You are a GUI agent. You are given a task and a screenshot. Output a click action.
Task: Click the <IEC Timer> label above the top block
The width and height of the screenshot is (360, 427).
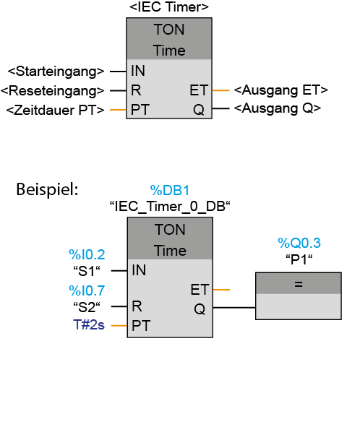pyautogui.click(x=169, y=7)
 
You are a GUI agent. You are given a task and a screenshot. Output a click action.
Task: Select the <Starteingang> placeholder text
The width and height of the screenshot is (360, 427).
pyautogui.click(x=56, y=72)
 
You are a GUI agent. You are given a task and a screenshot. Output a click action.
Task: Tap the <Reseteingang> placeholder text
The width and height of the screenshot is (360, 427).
pyautogui.click(x=52, y=91)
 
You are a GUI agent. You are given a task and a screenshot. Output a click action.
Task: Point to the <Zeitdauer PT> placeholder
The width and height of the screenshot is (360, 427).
pyautogui.click(x=56, y=110)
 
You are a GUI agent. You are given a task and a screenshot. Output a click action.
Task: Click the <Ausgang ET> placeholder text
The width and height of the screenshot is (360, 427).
pyautogui.click(x=281, y=90)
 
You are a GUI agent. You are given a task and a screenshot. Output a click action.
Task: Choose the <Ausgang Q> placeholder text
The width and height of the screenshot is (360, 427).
pyautogui.click(x=278, y=108)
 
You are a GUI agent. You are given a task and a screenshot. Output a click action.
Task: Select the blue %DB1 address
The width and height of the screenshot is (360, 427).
pyautogui.click(x=170, y=190)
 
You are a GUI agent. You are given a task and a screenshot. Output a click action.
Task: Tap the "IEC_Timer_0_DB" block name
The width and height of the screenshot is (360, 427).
pyautogui.click(x=170, y=206)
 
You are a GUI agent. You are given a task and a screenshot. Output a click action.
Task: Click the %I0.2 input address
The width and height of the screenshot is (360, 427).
pyautogui.click(x=87, y=254)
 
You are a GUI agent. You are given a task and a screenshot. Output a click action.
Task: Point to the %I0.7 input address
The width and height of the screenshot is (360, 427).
pyautogui.click(x=87, y=290)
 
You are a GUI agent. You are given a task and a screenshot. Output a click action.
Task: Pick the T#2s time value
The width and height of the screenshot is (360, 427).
pyautogui.click(x=89, y=325)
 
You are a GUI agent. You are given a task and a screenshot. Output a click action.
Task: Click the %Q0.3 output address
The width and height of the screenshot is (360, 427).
pyautogui.click(x=299, y=243)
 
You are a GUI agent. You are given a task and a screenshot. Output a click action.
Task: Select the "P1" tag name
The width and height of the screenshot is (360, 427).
pyautogui.click(x=299, y=259)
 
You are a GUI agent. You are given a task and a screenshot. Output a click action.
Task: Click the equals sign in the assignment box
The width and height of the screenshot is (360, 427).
pyautogui.click(x=299, y=284)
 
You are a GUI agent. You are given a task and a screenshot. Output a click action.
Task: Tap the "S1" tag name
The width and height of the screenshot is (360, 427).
pyautogui.click(x=87, y=271)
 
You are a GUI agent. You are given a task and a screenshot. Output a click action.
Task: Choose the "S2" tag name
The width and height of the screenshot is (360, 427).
pyautogui.click(x=87, y=307)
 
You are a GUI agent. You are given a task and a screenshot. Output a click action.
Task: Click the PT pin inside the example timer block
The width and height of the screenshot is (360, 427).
pyautogui.click(x=141, y=325)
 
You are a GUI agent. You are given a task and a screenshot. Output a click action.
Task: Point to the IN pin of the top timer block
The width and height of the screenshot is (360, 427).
pyautogui.click(x=138, y=71)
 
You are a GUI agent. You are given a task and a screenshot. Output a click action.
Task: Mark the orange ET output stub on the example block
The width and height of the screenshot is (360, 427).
pyautogui.click(x=221, y=290)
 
